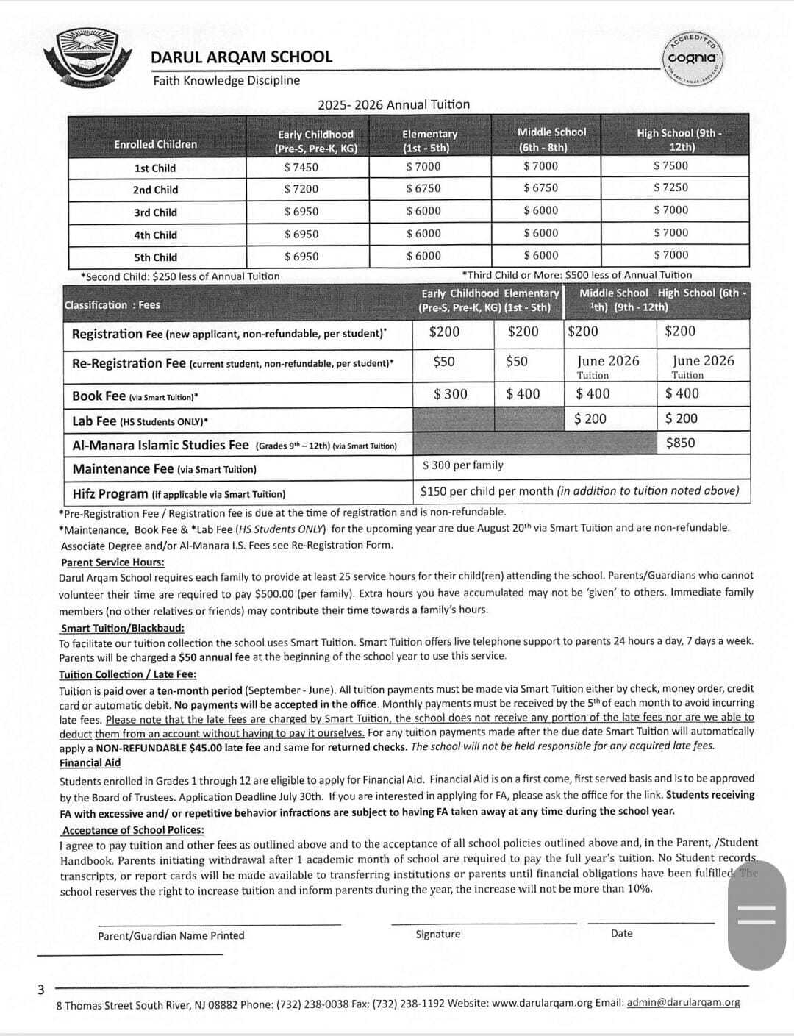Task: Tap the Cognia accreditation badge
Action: pyautogui.click(x=694, y=59)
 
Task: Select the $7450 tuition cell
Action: pyautogui.click(x=301, y=167)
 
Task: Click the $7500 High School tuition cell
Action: pyautogui.click(x=670, y=165)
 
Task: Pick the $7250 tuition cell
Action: pyautogui.click(x=670, y=187)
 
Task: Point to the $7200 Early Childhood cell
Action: pyautogui.click(x=301, y=189)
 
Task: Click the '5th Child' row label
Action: pyautogui.click(x=155, y=257)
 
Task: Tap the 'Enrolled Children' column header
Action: pyautogui.click(x=155, y=144)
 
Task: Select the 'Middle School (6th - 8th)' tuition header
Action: pyautogui.click(x=551, y=139)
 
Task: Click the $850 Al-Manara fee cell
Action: pyautogui.click(x=680, y=443)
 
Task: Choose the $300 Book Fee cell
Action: pyautogui.click(x=451, y=394)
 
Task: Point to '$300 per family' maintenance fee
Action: pyautogui.click(x=463, y=465)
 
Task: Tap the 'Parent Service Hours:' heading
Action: pyautogui.click(x=112, y=562)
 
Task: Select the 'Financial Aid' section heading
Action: pyautogui.click(x=90, y=762)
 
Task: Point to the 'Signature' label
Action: pyautogui.click(x=437, y=934)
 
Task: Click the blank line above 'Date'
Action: pyautogui.click(x=651, y=922)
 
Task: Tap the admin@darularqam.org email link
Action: pyautogui.click(x=683, y=1002)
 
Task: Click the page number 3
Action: pyautogui.click(x=41, y=990)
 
